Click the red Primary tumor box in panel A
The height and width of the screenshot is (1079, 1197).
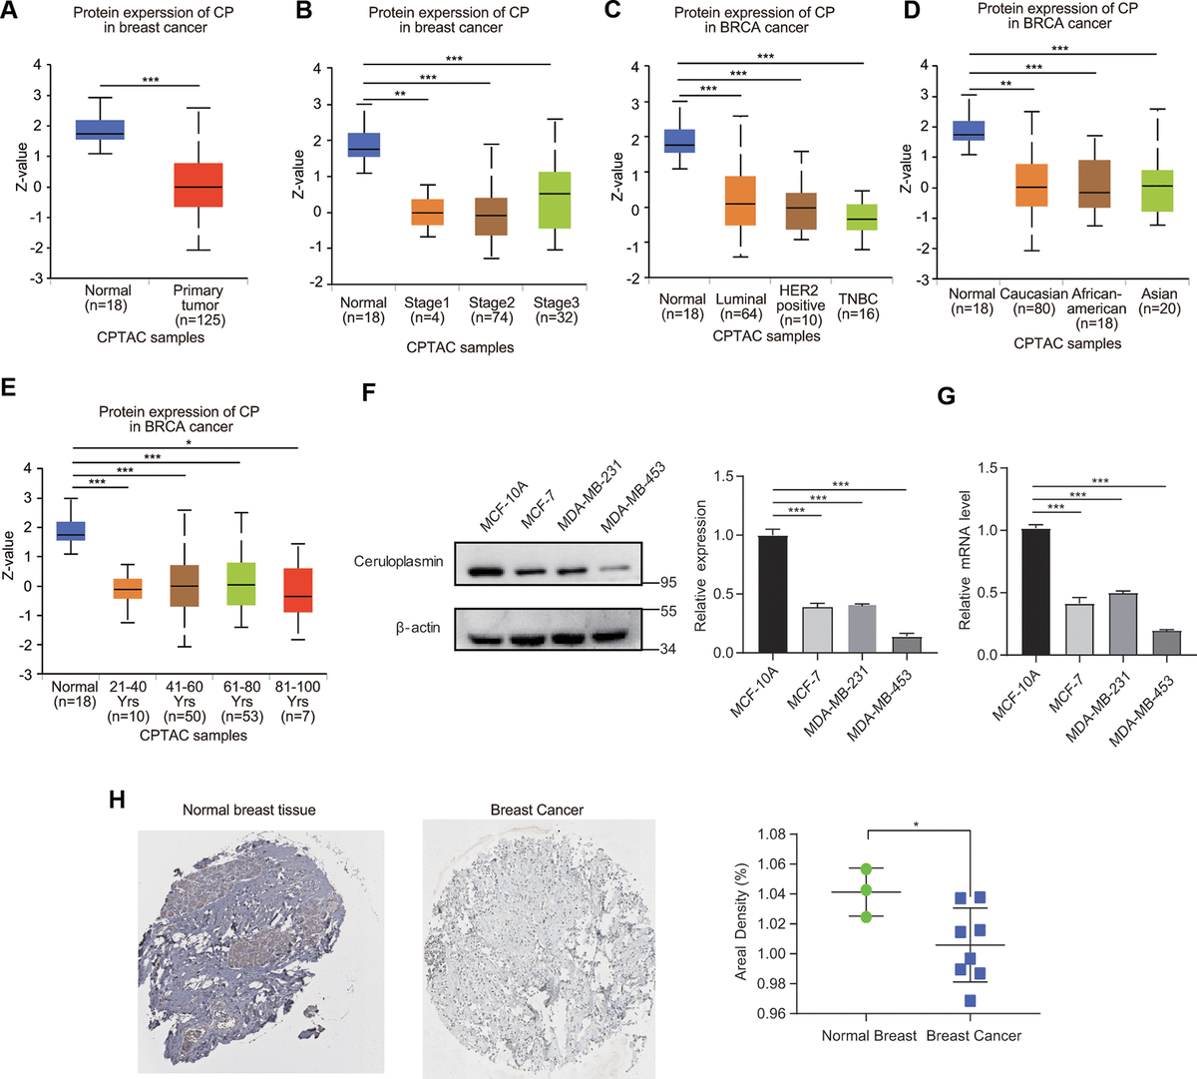tap(199, 185)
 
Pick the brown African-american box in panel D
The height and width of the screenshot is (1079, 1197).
tap(1095, 184)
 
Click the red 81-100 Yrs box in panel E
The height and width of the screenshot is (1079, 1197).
tap(298, 590)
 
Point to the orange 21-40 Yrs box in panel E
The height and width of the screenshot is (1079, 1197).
tap(127, 588)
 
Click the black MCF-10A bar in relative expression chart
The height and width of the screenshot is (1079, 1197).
tap(773, 594)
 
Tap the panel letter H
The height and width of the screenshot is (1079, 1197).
tap(118, 800)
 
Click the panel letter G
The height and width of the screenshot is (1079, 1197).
tap(946, 396)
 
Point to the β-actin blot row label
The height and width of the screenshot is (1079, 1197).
tap(417, 628)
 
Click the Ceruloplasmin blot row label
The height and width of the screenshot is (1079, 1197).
tap(397, 562)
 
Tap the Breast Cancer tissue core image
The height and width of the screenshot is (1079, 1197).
tap(538, 947)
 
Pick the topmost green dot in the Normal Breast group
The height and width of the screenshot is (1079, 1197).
tap(866, 869)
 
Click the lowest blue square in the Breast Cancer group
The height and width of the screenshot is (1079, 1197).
tap(970, 1001)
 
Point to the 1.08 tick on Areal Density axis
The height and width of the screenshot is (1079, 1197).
tap(771, 834)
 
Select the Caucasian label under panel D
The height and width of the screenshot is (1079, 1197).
tap(1033, 294)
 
